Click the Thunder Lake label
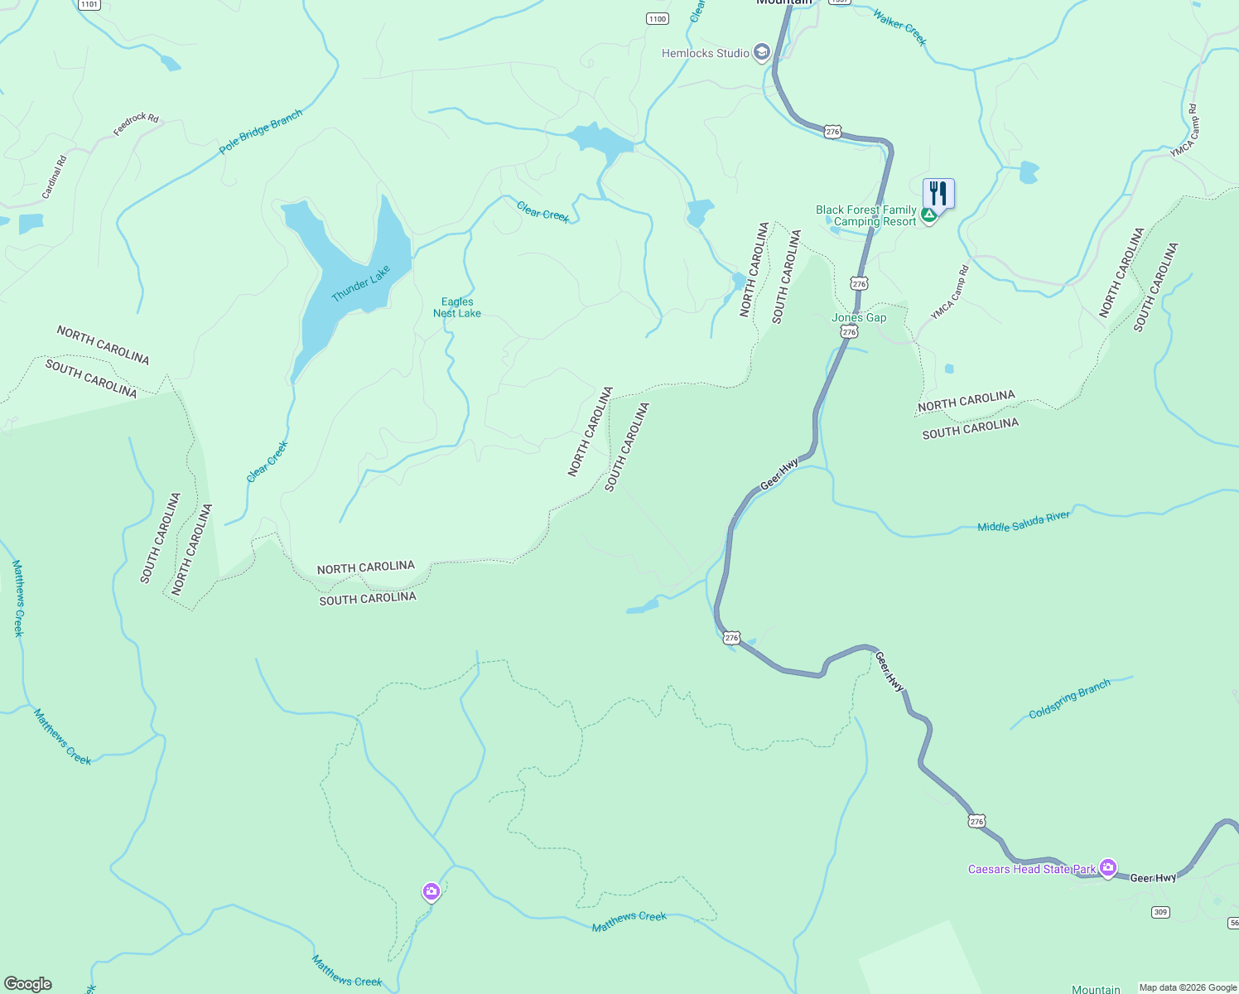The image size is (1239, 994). coord(360,284)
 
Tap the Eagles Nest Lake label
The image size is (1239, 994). coord(457,307)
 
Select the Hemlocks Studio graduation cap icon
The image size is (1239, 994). coord(762,53)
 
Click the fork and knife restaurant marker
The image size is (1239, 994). coord(938,193)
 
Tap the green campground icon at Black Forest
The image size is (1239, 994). coord(929,215)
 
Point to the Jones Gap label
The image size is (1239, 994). coord(859,318)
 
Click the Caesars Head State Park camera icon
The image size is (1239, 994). coord(1108,868)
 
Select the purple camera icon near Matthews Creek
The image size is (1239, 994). coord(431,891)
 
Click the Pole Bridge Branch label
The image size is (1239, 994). coord(261,132)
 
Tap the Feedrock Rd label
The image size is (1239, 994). coord(136,124)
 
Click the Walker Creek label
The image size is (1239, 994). coord(899,27)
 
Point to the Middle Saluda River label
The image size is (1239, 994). coord(1024,522)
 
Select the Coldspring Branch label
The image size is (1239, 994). coord(1069,700)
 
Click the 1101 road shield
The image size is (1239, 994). coord(89,4)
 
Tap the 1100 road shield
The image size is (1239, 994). coord(657,19)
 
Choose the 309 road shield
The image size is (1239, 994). coord(1160,912)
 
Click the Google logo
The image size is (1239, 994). coord(28,984)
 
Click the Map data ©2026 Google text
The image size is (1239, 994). coord(1188,987)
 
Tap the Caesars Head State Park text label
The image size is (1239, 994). coord(1032,869)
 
